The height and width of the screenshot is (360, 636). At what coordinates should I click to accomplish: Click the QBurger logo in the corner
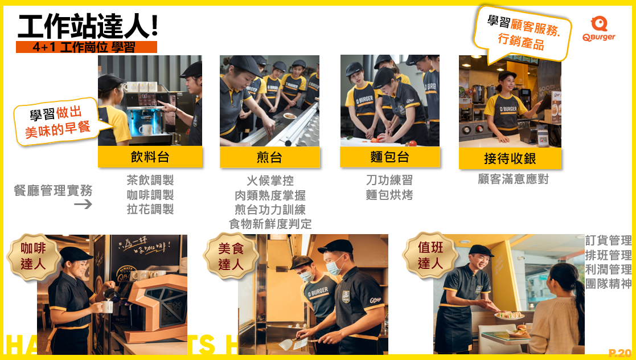598,28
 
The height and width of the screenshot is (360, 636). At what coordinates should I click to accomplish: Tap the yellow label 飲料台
150,157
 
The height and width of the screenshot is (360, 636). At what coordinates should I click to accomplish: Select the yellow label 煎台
270,157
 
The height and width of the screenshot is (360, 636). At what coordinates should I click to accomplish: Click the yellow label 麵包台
390,157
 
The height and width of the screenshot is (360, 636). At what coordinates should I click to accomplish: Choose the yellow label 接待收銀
510,158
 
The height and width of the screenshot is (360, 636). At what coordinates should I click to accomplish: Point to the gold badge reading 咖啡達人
33,256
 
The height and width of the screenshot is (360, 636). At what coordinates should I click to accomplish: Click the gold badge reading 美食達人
231,256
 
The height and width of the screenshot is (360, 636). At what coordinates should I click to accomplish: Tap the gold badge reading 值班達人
430,255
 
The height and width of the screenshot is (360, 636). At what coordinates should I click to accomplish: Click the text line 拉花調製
150,210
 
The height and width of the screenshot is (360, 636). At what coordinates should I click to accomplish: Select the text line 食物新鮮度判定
270,224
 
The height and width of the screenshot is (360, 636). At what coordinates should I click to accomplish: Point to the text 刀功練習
389,180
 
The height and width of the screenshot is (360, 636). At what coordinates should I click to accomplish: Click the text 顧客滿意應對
513,179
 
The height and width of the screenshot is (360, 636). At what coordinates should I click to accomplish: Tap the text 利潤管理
609,269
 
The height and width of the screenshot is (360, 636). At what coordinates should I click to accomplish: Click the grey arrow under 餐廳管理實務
83,204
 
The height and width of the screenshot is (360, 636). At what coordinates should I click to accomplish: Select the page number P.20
620,353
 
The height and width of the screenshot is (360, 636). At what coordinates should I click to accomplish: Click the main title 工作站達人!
88,26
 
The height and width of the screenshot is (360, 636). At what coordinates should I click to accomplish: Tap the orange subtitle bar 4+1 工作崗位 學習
87,47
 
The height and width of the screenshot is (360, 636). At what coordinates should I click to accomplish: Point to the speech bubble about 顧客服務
523,35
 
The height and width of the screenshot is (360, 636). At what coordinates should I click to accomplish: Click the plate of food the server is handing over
509,315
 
